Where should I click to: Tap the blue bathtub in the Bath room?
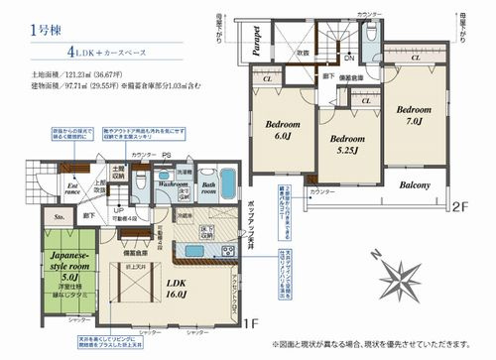coord(224,183)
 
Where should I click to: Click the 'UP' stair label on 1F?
coord(118,211)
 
